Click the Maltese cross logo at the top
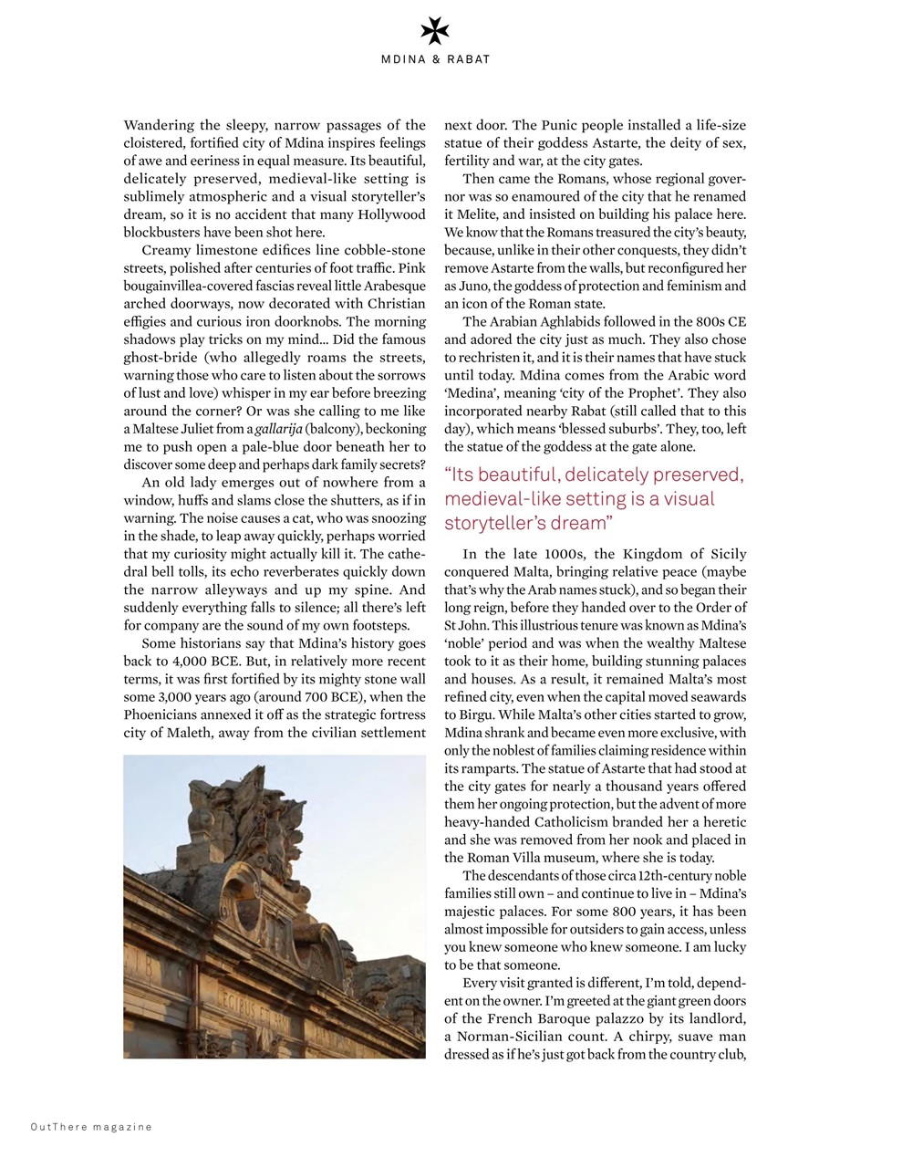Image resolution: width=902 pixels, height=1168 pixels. point(435,33)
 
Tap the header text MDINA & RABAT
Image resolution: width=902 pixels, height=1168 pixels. point(435,59)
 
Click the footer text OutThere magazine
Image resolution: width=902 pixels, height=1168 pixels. point(91,1127)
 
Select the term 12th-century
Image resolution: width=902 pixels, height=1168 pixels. point(668,876)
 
